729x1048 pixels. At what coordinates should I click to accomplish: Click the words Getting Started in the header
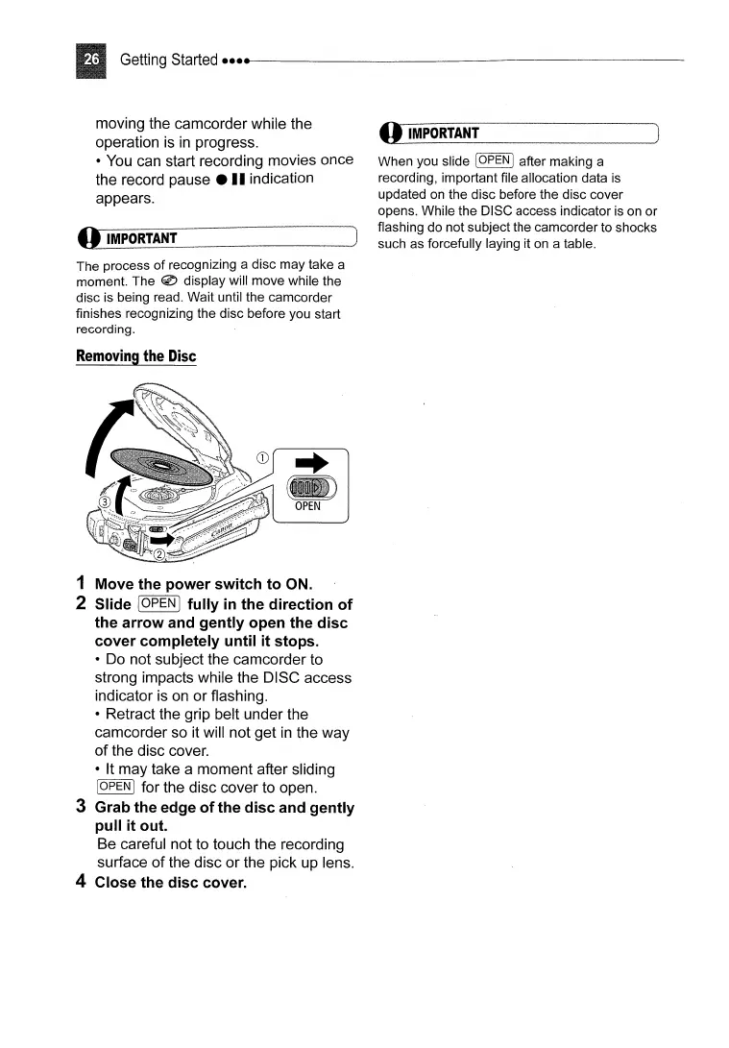point(168,61)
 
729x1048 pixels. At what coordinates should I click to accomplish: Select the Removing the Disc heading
point(135,356)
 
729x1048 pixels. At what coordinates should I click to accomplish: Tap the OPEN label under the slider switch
point(307,506)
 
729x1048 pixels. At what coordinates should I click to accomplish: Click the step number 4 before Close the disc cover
point(82,882)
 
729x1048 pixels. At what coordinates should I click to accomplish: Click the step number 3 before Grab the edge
point(82,808)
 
